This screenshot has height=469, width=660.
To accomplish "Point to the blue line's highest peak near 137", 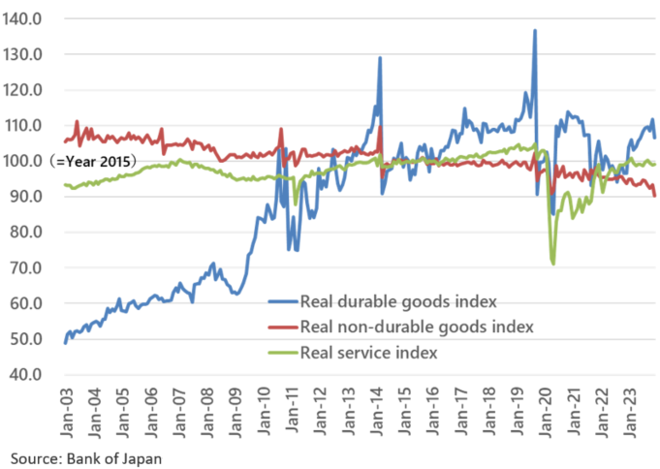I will point(535,30).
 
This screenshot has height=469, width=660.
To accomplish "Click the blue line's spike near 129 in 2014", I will point(380,57).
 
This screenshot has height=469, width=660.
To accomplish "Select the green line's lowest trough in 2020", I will point(553,263).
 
